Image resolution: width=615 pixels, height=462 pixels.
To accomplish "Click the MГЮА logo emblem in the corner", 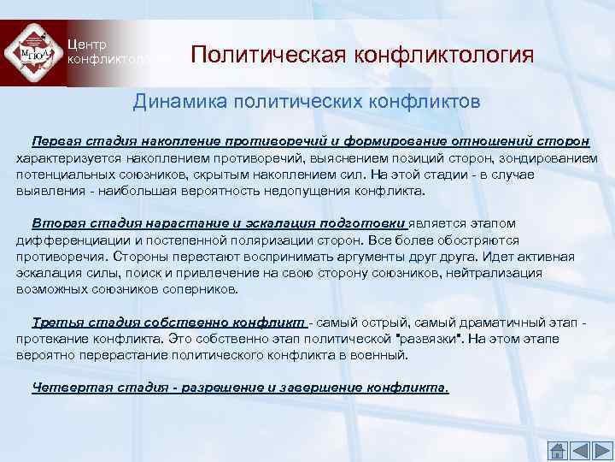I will point(32,52).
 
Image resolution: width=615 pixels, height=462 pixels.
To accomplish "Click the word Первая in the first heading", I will point(56,140).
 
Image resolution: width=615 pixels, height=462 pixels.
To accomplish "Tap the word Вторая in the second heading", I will point(56,223).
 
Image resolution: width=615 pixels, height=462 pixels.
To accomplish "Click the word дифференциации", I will point(68,240).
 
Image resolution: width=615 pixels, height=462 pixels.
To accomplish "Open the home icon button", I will point(556,450).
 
